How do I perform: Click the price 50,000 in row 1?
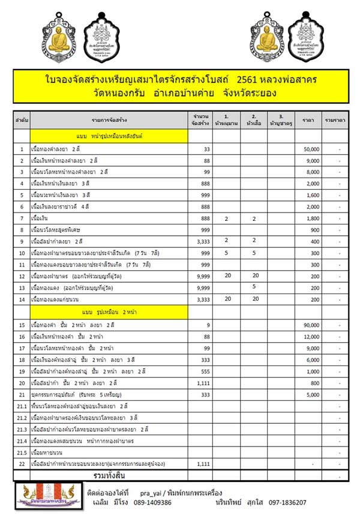pos(310,149)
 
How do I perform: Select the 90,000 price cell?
pos(310,325)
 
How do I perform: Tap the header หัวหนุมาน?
pos(226,120)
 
